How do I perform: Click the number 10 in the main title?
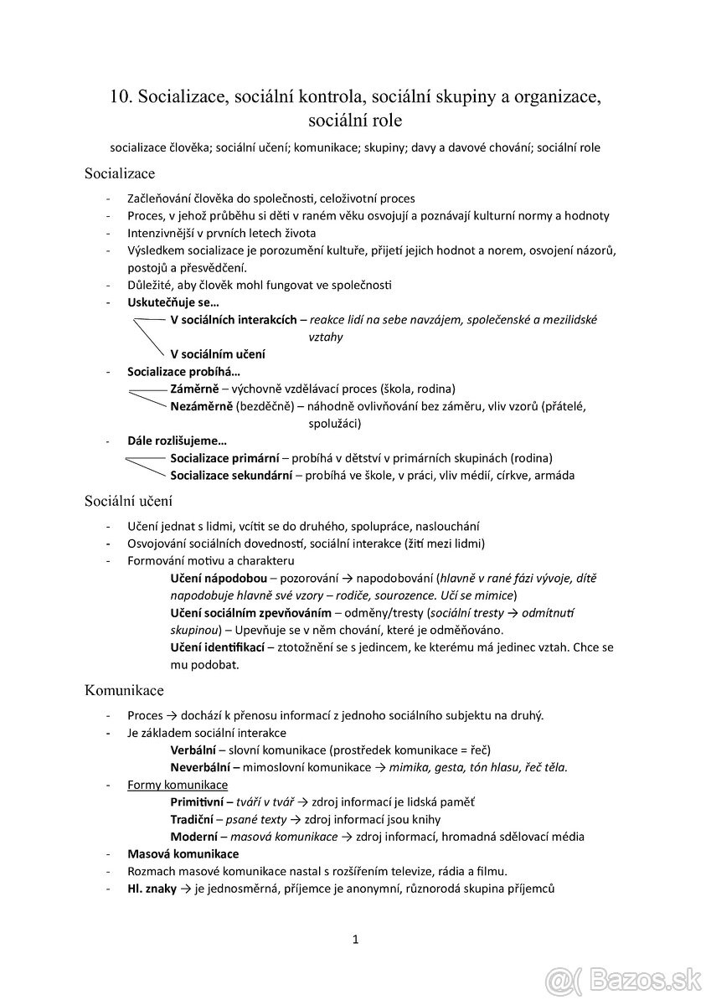[119, 96]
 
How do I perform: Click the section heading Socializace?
[119, 174]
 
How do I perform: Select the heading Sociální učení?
[128, 502]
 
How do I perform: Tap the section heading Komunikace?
[124, 690]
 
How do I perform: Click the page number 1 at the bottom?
[355, 940]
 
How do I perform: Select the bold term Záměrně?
[194, 389]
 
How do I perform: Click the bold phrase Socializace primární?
[224, 458]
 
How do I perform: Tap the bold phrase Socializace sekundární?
[231, 476]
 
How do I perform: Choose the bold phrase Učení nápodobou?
[219, 579]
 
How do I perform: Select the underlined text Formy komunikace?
[178, 785]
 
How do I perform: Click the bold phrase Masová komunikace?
[183, 853]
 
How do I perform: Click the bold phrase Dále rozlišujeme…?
[177, 441]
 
